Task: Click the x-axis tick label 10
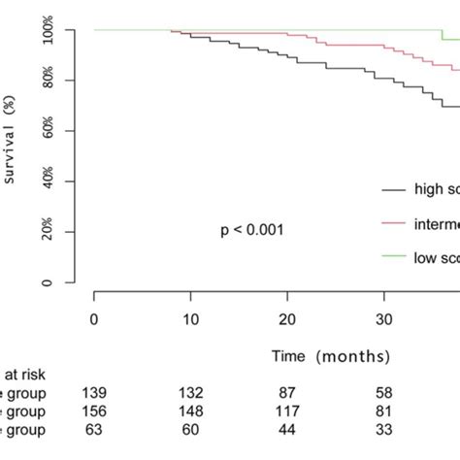tap(190, 319)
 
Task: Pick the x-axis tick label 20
tap(287, 319)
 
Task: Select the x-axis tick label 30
tap(384, 319)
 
